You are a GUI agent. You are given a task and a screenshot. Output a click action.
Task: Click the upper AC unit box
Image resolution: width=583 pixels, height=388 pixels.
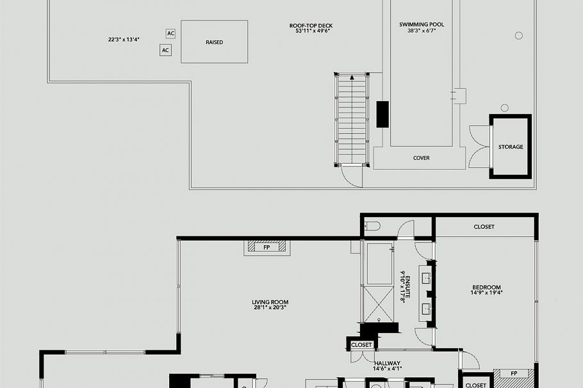tap(170, 33)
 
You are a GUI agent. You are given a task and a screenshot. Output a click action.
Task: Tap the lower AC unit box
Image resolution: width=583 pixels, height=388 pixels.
tap(165, 50)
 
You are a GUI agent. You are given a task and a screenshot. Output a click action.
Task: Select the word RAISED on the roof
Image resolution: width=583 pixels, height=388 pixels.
tap(214, 42)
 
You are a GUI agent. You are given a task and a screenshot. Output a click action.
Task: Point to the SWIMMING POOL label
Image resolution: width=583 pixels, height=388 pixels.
tap(422, 25)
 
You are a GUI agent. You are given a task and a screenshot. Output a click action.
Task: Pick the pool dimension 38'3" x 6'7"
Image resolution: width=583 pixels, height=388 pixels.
tap(422, 31)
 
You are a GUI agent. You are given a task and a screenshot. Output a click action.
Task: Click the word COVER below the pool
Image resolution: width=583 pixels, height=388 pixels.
tap(421, 158)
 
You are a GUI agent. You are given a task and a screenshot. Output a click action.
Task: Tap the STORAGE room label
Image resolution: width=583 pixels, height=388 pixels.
tap(511, 147)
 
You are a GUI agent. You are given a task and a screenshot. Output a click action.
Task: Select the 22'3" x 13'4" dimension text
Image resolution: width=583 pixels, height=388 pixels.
tap(124, 39)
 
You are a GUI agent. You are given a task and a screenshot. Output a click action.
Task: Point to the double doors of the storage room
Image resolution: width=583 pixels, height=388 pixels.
tap(479, 147)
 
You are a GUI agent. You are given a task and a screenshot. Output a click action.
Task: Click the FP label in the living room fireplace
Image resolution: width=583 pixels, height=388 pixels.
tap(267, 247)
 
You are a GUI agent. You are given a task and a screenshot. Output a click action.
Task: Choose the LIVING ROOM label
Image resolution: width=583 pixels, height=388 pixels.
tap(270, 302)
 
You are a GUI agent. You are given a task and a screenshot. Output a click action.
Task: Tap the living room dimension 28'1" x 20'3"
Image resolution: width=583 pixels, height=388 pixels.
tap(270, 308)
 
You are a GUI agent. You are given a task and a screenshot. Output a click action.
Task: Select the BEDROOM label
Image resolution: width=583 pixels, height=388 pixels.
tap(486, 287)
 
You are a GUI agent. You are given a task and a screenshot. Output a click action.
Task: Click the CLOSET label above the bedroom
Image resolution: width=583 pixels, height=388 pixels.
tap(484, 227)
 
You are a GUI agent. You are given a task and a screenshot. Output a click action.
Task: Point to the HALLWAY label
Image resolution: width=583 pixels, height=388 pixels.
tap(387, 363)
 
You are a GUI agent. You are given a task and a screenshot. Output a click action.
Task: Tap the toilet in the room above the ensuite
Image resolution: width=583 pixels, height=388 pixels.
tap(374, 226)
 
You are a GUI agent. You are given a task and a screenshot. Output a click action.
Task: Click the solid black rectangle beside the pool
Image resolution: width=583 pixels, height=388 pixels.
tap(382, 114)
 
